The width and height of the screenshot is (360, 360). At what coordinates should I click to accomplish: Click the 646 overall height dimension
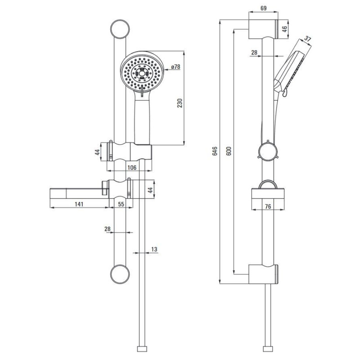pyautogui.click(x=215, y=151)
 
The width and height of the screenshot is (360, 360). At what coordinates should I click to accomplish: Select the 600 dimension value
pyautogui.click(x=229, y=151)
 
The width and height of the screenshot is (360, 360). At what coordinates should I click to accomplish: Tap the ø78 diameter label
pyautogui.click(x=175, y=67)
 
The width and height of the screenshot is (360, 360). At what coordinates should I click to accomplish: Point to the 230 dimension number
pyautogui.click(x=180, y=103)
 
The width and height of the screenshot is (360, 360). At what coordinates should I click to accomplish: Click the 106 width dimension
pyautogui.click(x=131, y=167)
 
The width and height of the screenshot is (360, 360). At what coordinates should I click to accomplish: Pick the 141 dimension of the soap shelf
pyautogui.click(x=79, y=204)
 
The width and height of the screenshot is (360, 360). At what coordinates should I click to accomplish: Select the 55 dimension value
pyautogui.click(x=121, y=204)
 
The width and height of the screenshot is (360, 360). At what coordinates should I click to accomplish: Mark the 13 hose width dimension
pyautogui.click(x=154, y=249)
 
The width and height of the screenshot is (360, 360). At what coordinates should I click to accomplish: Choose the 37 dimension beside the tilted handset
pyautogui.click(x=308, y=39)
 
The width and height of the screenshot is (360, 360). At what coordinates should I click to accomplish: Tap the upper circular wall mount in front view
pyautogui.click(x=118, y=29)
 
